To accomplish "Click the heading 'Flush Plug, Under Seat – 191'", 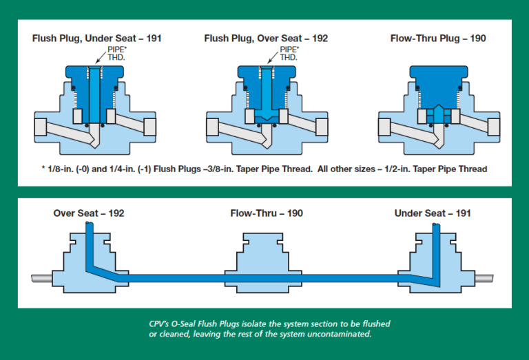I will pos(96,39).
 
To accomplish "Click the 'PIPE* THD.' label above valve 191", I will pos(115,54).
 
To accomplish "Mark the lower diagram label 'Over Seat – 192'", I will pos(89,213).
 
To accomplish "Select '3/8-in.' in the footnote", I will pos(222,169).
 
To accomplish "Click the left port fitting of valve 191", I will pos(39,127).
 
